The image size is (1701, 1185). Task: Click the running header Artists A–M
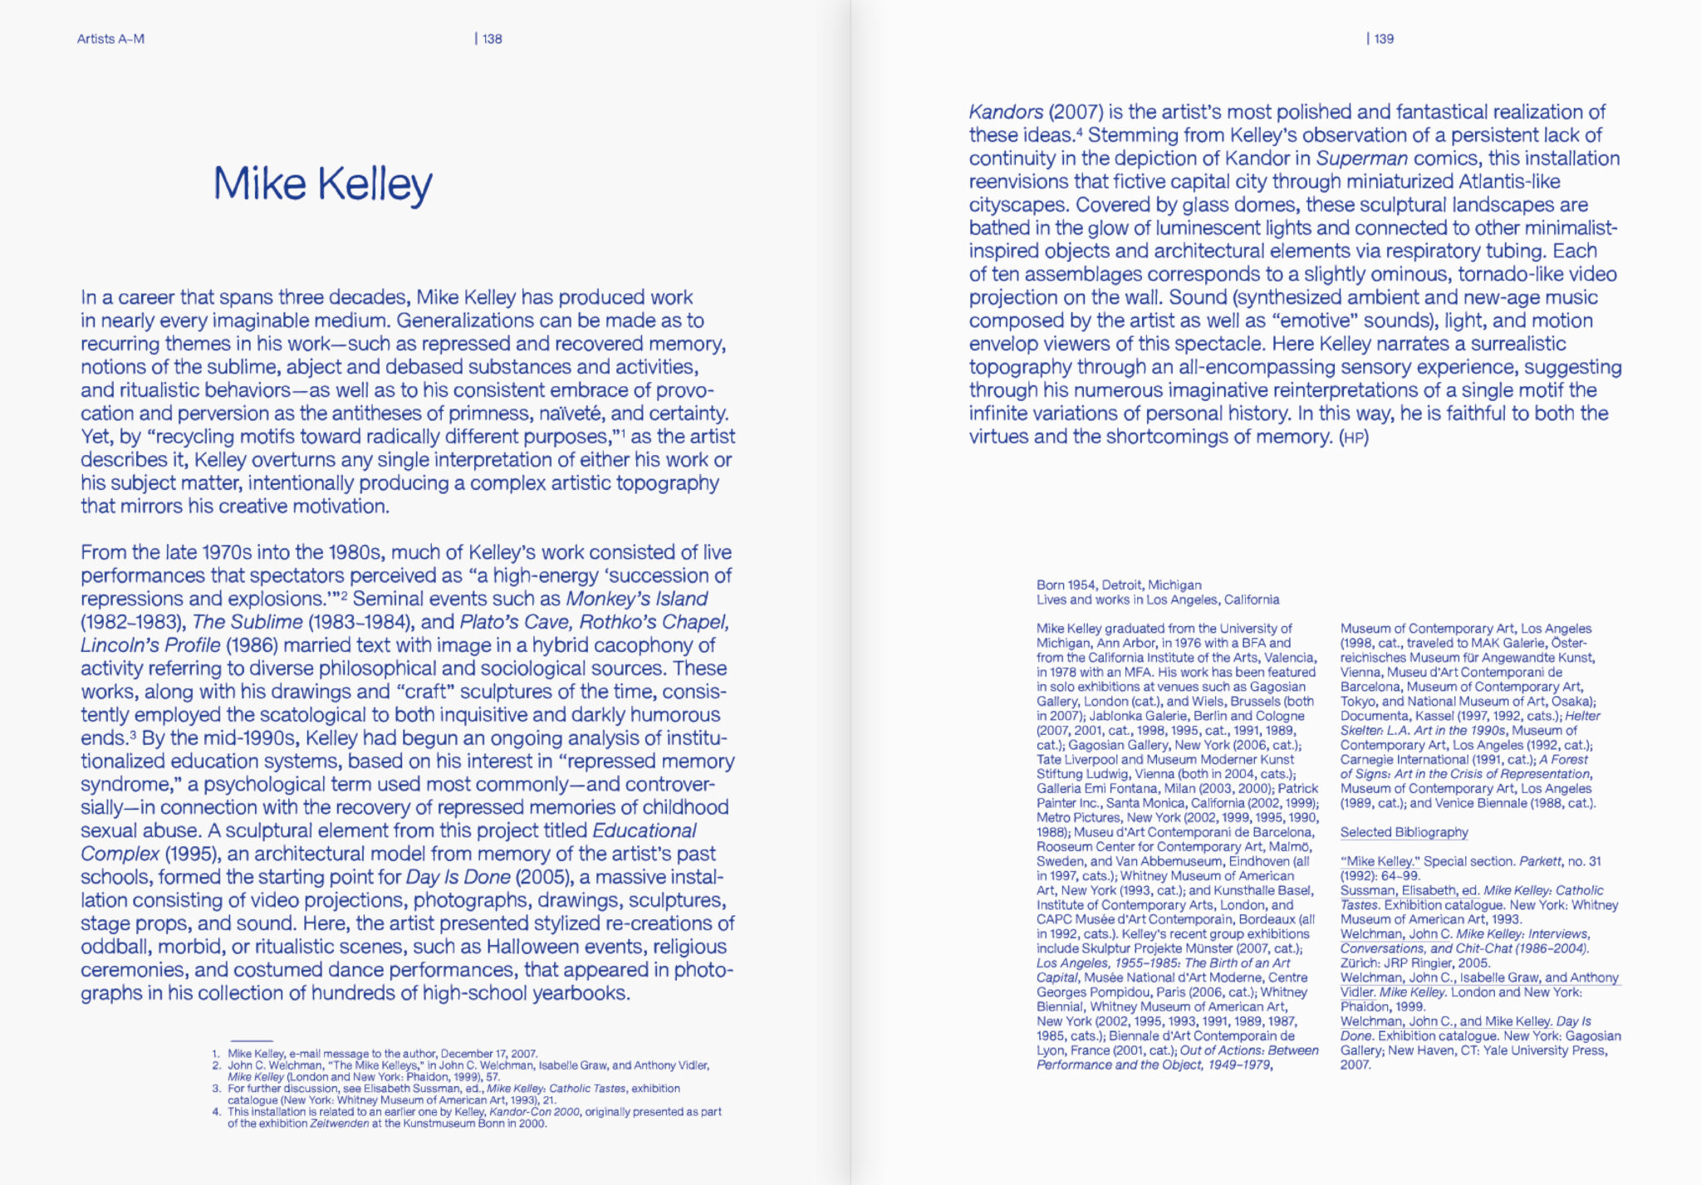(110, 39)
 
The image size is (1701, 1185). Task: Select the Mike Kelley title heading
(322, 184)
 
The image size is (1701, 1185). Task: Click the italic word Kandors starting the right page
(1005, 112)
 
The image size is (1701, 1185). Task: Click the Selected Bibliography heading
(1404, 832)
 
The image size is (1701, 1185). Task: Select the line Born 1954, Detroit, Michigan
(1118, 585)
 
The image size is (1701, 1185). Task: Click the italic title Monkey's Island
(636, 599)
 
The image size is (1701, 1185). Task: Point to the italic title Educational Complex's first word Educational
(644, 830)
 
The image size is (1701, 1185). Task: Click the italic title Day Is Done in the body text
(457, 877)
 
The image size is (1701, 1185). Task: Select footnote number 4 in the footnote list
(216, 1112)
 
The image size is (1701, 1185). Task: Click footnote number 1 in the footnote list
(216, 1054)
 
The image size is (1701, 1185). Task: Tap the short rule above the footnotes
(251, 1041)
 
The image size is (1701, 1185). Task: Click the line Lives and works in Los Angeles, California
(1157, 600)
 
